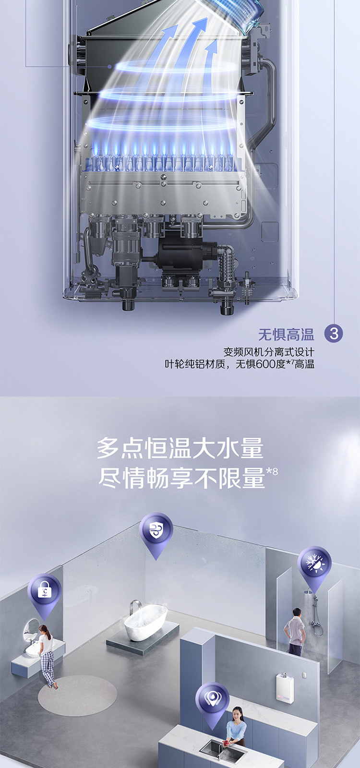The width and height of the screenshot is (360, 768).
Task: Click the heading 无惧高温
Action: click(x=286, y=334)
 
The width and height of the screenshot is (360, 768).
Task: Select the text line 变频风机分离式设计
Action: click(x=268, y=352)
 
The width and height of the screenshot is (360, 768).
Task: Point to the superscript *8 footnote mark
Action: click(x=272, y=471)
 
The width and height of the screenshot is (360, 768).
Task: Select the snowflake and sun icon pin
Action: click(x=314, y=569)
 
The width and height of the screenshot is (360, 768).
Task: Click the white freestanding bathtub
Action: click(x=146, y=619)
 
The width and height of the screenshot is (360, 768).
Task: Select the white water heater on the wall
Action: click(x=285, y=687)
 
